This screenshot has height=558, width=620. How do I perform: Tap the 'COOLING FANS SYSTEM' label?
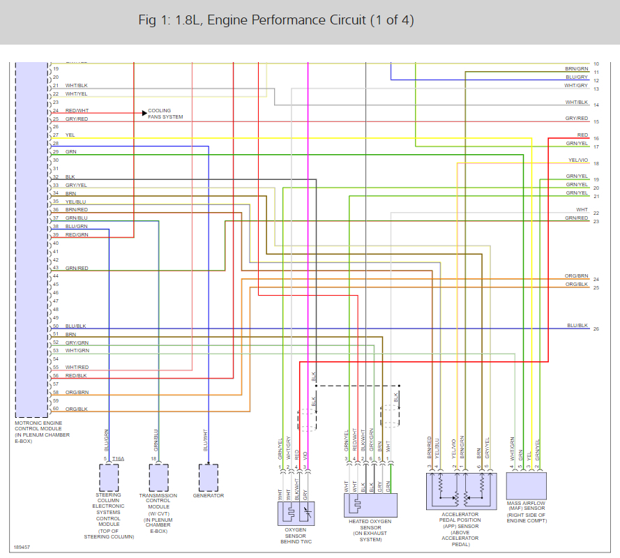point(165,114)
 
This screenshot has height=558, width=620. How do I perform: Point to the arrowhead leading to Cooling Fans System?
point(144,111)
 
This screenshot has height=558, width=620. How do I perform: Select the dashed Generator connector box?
point(209,478)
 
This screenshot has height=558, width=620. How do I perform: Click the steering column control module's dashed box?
point(109,478)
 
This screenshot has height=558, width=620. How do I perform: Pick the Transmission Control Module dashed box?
point(158,478)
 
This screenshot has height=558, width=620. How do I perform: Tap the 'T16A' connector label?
point(118,458)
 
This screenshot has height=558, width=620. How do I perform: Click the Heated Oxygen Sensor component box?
point(372,504)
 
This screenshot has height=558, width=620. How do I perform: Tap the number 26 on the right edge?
point(596,329)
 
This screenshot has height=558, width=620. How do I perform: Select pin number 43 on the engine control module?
point(55,268)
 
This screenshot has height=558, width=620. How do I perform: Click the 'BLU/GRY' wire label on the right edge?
point(577,77)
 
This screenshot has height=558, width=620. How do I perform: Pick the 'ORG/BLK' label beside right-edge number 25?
point(577,284)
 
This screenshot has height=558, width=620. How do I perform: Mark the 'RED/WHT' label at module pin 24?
point(77,110)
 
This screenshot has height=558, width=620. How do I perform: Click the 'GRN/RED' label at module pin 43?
point(77,268)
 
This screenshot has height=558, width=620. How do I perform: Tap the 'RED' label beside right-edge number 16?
point(582,135)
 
